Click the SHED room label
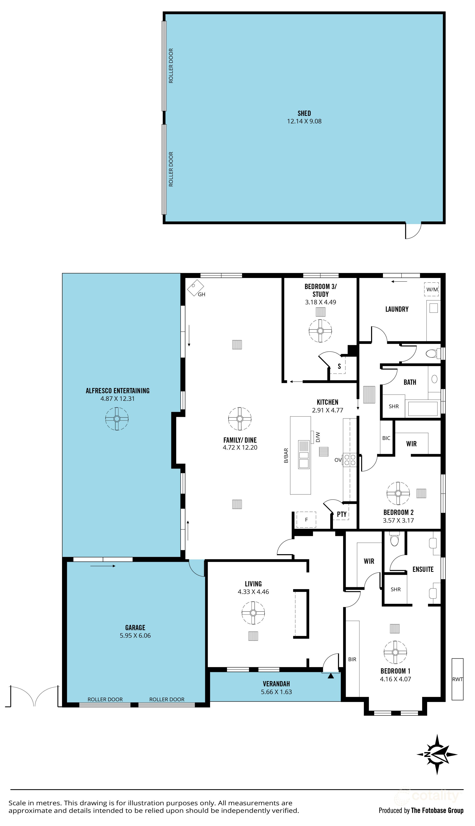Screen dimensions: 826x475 [304, 114]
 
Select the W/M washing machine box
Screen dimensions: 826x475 [432, 289]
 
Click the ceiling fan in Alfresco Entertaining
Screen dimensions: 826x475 [117, 419]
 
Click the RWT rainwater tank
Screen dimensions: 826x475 [457, 679]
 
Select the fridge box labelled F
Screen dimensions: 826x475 [306, 520]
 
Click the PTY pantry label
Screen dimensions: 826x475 [341, 514]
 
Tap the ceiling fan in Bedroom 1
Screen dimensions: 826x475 [395, 652]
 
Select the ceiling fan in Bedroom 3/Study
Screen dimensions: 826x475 [320, 331]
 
